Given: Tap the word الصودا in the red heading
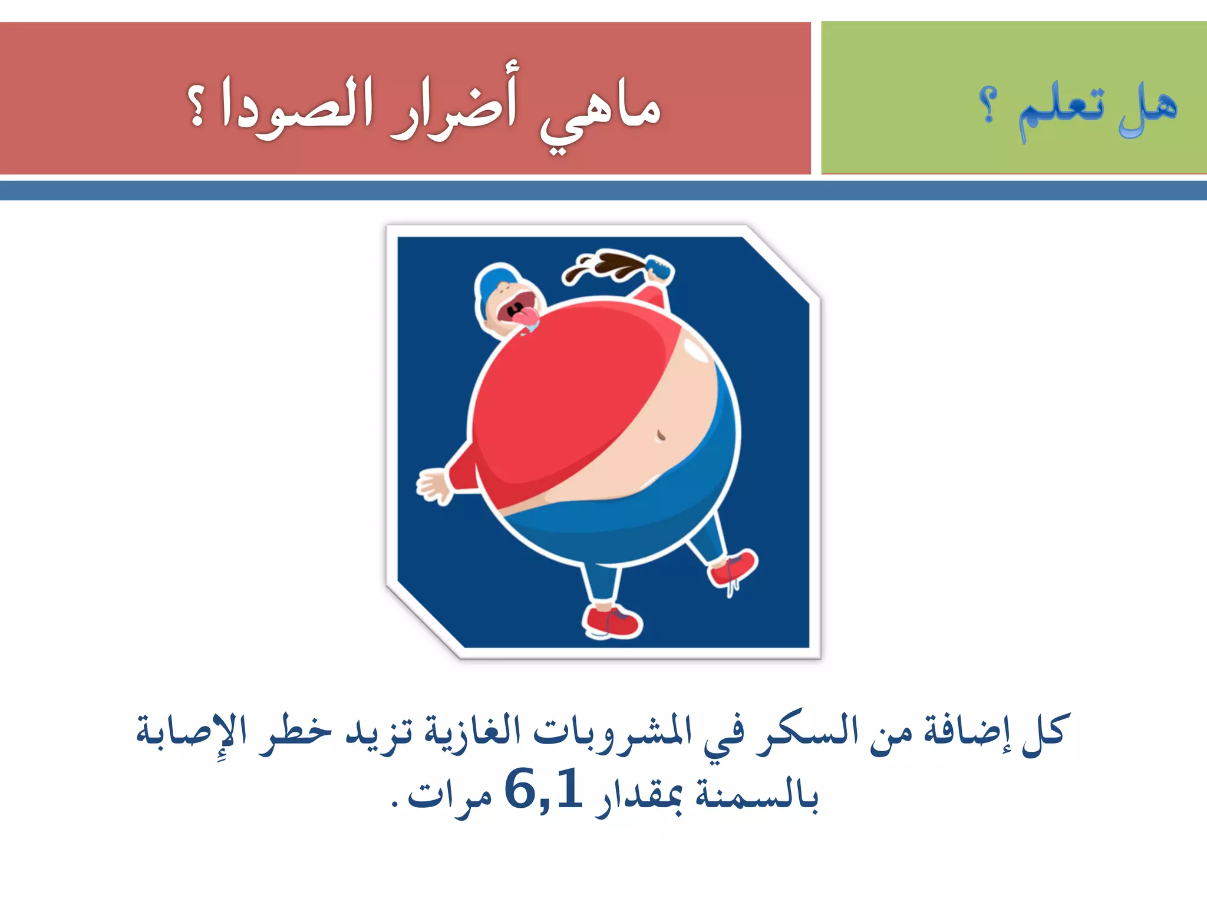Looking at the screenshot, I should point(298,106).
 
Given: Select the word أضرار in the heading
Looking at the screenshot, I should point(454,106).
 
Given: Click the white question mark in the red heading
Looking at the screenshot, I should point(197,106).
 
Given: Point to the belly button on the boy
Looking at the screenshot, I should point(661,436).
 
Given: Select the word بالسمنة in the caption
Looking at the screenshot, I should point(757,795).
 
